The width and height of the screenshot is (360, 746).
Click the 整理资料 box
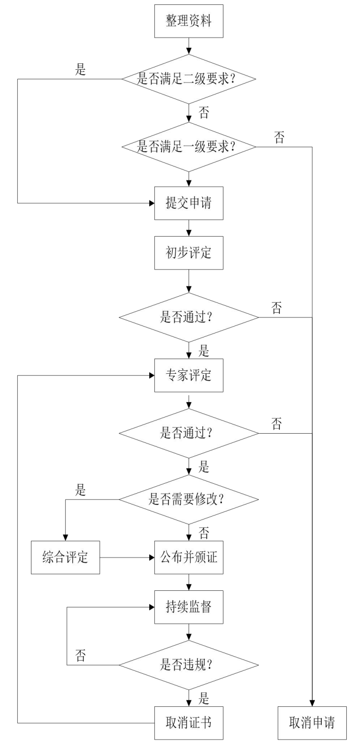[189, 21]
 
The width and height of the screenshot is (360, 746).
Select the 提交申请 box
[189, 203]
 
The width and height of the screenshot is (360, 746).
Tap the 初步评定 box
[189, 253]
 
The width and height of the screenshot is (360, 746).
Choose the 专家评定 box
[189, 376]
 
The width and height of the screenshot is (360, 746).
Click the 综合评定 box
[65, 558]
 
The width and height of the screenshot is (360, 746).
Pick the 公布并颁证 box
[189, 558]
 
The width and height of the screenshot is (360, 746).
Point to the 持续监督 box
[189, 608]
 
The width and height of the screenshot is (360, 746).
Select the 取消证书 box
[189, 722]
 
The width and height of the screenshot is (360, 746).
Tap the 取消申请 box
[312, 722]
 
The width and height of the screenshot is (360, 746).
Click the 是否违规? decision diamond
[189, 665]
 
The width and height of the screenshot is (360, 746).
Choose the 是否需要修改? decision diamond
[189, 500]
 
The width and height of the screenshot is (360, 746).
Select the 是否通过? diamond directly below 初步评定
[189, 317]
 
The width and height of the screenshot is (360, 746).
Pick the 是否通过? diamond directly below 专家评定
[189, 433]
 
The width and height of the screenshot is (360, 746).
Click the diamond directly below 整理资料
[189, 79]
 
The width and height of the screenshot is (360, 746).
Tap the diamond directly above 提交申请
[189, 146]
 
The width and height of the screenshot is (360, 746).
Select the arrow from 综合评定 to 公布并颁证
[127, 558]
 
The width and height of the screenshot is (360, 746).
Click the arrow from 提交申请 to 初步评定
[189, 228]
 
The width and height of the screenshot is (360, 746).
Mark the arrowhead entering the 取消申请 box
[312, 703]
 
